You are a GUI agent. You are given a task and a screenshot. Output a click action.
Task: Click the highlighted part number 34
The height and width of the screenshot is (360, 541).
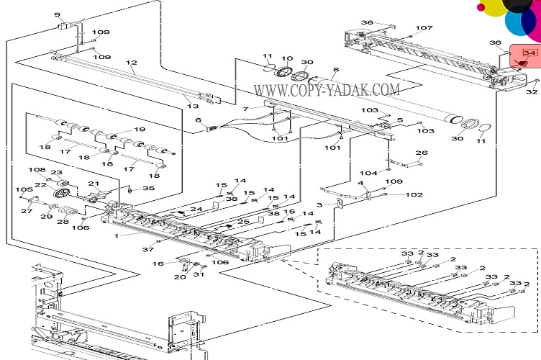click(x=529, y=53)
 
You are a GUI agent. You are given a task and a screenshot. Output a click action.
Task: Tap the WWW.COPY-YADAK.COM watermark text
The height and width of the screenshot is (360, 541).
click(x=327, y=91)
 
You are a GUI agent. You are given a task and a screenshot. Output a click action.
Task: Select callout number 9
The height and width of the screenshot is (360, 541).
click(x=58, y=15)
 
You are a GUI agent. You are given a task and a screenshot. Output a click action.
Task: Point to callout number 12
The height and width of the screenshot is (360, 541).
click(x=132, y=63)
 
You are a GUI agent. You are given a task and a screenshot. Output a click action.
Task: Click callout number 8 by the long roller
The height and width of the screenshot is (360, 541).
click(x=336, y=69)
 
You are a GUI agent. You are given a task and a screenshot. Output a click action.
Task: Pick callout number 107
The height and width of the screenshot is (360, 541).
click(x=424, y=27)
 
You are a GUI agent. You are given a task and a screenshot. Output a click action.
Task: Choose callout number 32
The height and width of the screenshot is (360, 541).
click(x=532, y=92)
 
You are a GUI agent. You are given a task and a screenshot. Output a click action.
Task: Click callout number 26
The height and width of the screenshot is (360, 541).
click(x=422, y=152)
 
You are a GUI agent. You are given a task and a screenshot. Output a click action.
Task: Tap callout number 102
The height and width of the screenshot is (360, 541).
click(x=414, y=194)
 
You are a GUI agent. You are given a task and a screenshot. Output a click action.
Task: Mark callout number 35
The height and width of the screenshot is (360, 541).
click(x=149, y=189)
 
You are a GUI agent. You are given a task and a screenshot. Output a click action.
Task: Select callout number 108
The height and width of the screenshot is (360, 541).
click(x=37, y=169)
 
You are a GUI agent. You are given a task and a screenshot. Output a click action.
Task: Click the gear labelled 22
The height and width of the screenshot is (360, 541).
click(x=62, y=192)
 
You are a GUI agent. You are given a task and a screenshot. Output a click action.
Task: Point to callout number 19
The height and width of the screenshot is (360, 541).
click(x=140, y=130)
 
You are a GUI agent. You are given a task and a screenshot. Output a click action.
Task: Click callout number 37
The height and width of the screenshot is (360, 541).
click(x=148, y=249)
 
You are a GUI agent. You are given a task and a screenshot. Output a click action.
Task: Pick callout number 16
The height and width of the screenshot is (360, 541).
click(x=158, y=264)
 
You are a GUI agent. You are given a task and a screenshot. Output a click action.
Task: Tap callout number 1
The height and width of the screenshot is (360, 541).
click(x=117, y=236)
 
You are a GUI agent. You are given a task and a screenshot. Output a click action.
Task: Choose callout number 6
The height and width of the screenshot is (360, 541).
click(x=199, y=120)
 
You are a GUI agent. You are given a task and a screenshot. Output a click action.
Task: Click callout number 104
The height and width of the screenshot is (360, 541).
click(x=368, y=173)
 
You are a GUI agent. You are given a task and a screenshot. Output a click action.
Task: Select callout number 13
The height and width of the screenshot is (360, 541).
click(x=193, y=106)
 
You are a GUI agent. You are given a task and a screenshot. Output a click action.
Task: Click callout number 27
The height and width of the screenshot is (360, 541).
click(x=27, y=210)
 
